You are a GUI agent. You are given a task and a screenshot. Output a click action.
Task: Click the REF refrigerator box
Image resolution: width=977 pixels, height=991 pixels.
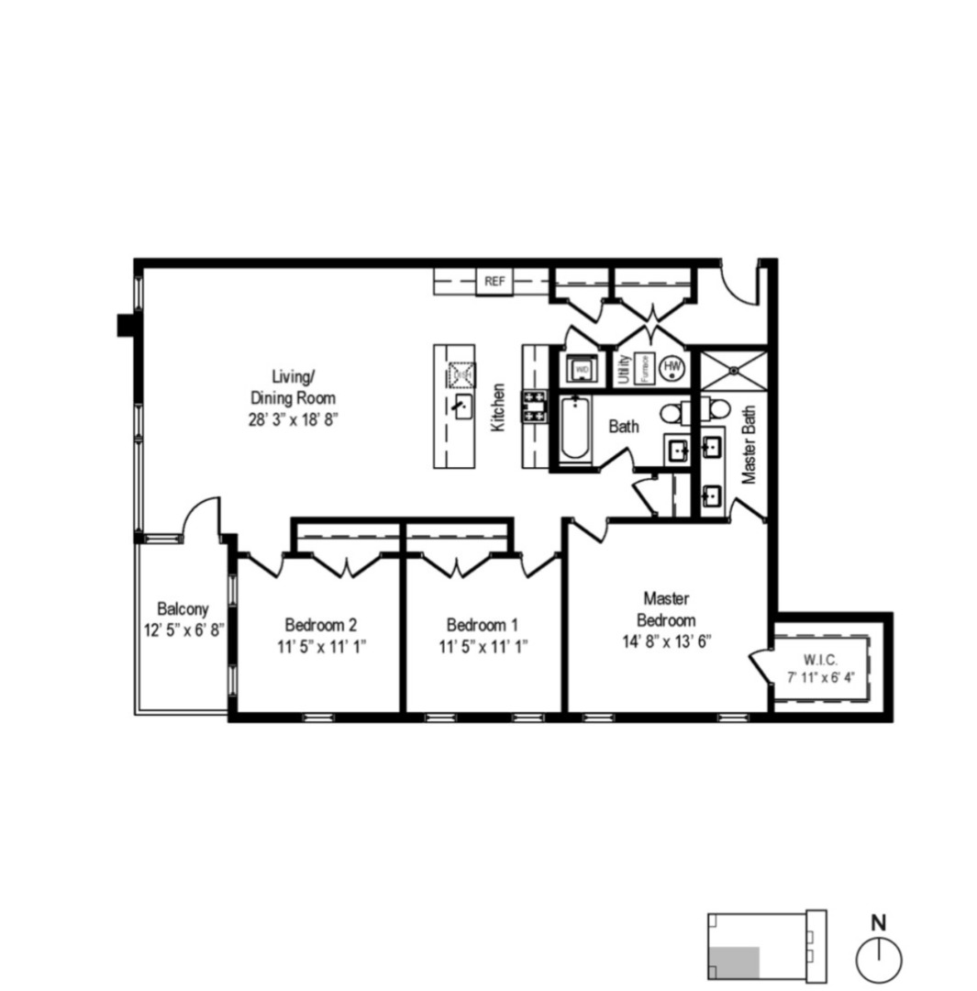click(494, 281)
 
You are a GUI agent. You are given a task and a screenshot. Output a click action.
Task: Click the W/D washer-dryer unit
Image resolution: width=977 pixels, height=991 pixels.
click(582, 369)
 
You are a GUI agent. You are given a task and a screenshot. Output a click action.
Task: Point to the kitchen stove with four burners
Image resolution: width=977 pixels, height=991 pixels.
click(534, 405)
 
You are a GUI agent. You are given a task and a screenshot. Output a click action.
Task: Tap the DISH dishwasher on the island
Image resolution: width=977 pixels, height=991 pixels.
click(461, 373)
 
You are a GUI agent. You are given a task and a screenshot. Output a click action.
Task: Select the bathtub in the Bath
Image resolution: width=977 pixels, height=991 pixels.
click(573, 428)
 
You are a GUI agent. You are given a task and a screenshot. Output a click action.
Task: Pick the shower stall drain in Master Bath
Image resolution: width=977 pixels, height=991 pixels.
click(733, 371)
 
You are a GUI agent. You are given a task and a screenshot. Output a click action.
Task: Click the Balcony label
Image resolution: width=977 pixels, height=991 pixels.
click(183, 608)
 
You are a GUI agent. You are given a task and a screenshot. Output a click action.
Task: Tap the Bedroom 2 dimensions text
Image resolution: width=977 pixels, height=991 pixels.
click(320, 645)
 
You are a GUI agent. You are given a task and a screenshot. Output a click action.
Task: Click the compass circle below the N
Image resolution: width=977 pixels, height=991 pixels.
click(878, 959)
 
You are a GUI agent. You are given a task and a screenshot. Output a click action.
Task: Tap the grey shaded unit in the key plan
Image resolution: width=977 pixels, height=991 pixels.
click(734, 961)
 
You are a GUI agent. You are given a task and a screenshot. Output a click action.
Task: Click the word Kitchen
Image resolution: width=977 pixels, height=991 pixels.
click(498, 407)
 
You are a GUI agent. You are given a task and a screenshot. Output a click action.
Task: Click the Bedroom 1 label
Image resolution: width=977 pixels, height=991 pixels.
click(483, 625)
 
